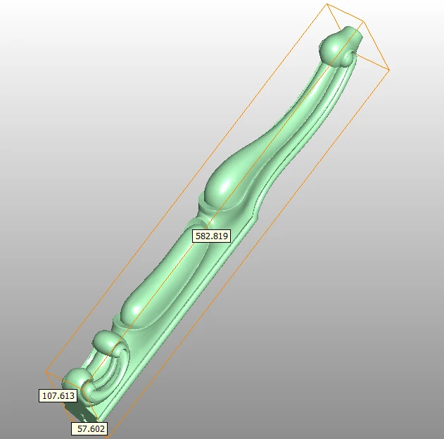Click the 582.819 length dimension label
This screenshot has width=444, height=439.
click(x=211, y=236)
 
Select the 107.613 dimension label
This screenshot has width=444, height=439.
click(x=58, y=396)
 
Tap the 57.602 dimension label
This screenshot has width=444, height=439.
click(x=89, y=428)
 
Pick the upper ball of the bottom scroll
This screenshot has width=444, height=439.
click(x=107, y=343)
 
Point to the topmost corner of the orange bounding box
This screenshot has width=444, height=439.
click(x=328, y=4)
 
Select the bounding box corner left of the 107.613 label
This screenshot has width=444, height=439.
click(x=46, y=372)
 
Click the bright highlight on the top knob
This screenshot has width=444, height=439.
click(x=328, y=44)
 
